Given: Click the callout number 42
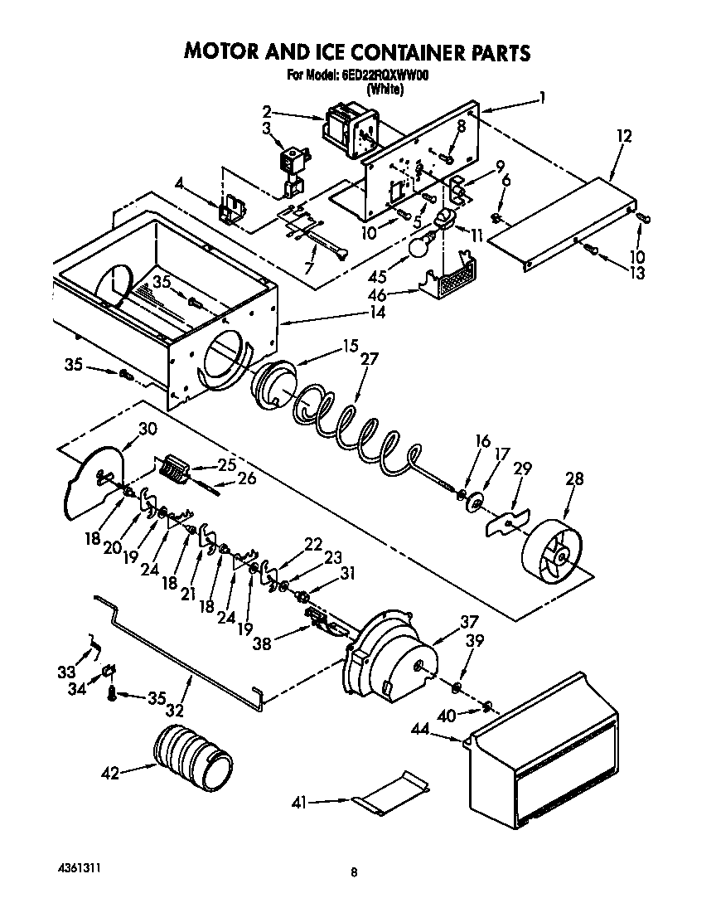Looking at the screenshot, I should pyautogui.click(x=110, y=773).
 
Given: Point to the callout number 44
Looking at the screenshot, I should pyautogui.click(x=422, y=729).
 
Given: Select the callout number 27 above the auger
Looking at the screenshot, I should pyautogui.click(x=370, y=359).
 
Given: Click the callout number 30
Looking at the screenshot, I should pyautogui.click(x=147, y=429).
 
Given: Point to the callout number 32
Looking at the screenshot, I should pyautogui.click(x=175, y=710).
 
